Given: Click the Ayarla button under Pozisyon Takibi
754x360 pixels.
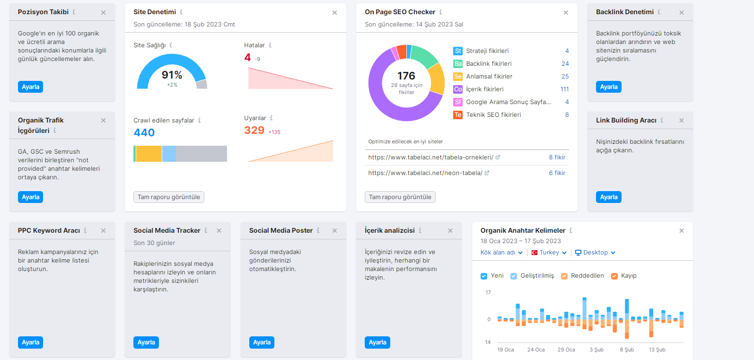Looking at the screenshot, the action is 30,87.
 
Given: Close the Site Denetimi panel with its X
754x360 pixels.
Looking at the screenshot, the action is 334,13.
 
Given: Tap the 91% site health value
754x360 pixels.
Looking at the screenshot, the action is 172,75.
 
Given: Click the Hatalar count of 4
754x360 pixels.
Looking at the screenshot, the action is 247,58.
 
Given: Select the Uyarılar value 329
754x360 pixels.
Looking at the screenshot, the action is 254,130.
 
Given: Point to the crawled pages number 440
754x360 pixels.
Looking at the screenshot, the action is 144,132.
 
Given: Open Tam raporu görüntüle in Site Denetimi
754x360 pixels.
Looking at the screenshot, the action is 169,197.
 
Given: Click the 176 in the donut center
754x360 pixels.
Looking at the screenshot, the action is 406,76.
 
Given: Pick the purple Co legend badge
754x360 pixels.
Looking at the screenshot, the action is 458,89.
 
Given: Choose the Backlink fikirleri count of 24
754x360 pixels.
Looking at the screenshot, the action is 565,64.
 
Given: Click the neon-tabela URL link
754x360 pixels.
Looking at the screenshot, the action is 425,173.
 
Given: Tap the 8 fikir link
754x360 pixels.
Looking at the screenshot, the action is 557,157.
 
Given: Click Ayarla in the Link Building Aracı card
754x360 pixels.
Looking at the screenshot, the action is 609,197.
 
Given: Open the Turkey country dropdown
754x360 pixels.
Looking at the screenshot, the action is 549,253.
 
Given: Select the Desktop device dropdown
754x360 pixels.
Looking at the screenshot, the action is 595,253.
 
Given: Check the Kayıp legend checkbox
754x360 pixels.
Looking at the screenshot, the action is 614,276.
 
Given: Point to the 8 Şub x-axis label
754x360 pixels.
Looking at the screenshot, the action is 627,350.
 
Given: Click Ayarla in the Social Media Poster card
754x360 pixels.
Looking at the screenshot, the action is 262,342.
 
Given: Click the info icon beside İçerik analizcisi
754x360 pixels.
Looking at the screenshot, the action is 420,230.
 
